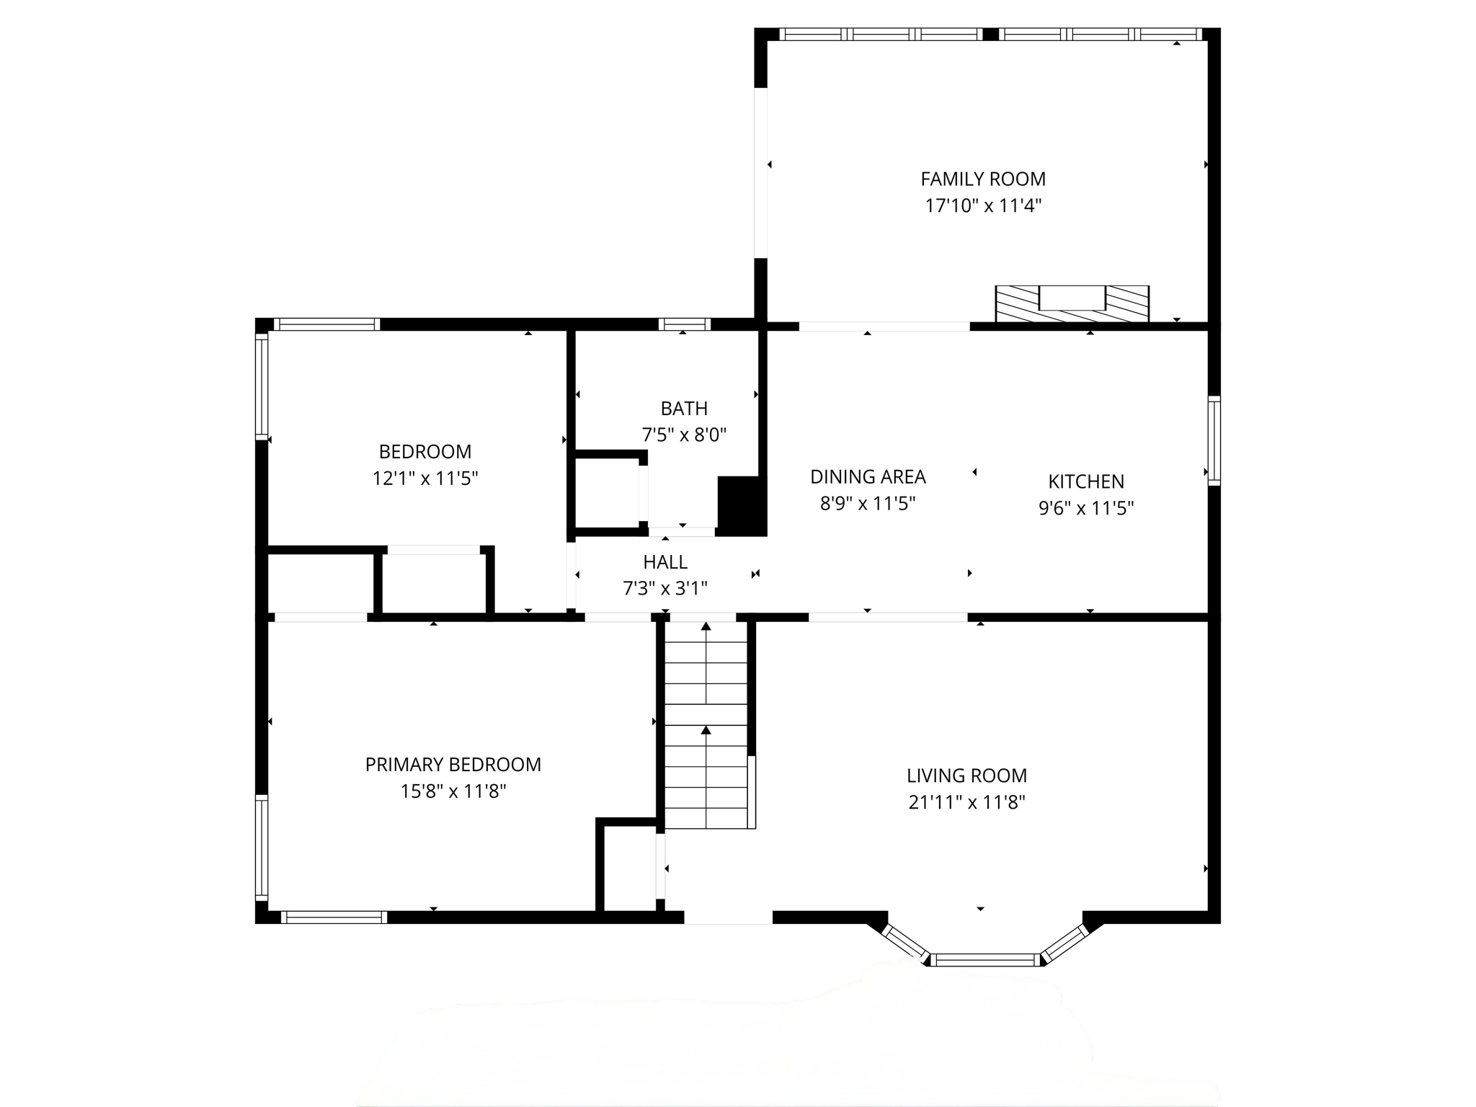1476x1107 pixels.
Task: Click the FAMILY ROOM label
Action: tap(983, 179)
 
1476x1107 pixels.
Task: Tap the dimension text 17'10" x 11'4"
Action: tap(983, 206)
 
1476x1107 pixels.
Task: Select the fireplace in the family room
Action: tap(1072, 303)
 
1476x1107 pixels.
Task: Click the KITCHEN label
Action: tap(1085, 481)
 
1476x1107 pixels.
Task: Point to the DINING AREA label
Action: tap(868, 476)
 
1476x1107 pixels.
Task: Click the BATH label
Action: tap(684, 409)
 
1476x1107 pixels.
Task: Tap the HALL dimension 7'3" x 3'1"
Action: tap(664, 589)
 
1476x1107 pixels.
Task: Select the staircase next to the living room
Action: tap(706, 724)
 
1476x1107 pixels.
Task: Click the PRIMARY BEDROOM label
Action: tap(453, 765)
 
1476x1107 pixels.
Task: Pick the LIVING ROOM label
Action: tap(966, 775)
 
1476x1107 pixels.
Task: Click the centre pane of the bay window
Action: tap(985, 959)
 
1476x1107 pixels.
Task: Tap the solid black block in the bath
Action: tap(741, 505)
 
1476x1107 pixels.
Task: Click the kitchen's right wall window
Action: tap(1214, 440)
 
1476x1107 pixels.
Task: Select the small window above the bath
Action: tap(684, 324)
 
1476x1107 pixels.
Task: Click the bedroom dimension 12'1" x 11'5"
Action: tap(425, 479)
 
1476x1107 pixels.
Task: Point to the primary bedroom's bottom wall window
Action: tap(334, 917)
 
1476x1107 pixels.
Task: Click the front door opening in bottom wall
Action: tap(728, 917)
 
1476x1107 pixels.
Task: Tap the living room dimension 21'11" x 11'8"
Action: tap(966, 802)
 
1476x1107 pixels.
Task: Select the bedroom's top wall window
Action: tap(327, 324)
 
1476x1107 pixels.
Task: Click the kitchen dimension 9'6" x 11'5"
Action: tap(1085, 509)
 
